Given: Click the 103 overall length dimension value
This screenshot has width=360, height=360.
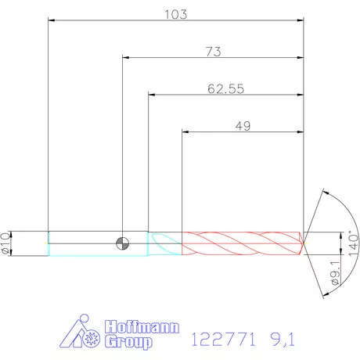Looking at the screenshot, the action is click(176, 14).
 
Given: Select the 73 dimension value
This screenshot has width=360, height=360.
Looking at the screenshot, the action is click(214, 52).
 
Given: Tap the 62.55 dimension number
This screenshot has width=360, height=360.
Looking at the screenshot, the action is click(226, 89).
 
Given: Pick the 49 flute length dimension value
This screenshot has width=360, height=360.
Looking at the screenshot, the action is click(243, 126).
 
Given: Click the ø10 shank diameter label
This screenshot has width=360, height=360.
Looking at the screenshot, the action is click(5, 243).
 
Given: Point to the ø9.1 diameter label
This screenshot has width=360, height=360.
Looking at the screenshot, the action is click(335, 272).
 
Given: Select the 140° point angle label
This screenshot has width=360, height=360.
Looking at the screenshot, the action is click(353, 243).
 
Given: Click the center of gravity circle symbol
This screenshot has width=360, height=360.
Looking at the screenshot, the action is click(122, 243).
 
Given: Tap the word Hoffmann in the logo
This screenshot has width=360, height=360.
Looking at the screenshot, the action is click(142, 326).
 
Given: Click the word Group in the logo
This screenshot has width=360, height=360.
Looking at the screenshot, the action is click(128, 342).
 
